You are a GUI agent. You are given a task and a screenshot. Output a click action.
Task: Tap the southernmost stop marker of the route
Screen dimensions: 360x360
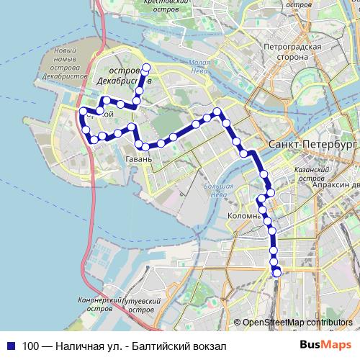click(x=276, y=271)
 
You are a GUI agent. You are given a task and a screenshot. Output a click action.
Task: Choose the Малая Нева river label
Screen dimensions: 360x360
click(x=199, y=67)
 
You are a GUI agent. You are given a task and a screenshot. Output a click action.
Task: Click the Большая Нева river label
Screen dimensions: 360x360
click(x=219, y=191)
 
